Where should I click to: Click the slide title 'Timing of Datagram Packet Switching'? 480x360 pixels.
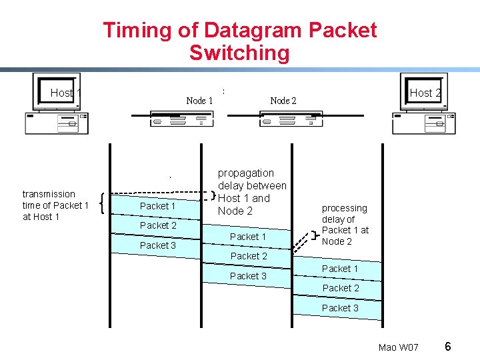point(239,41)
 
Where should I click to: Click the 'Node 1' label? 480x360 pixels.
point(199,101)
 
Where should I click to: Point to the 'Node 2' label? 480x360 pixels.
point(283,101)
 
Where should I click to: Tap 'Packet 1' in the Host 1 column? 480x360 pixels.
point(158,206)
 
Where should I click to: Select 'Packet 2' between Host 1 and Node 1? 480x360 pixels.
point(158,225)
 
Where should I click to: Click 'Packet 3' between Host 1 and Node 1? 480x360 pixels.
point(158,245)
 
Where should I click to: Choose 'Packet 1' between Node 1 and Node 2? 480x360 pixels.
point(247,237)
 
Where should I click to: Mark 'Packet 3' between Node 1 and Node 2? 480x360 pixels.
point(248,276)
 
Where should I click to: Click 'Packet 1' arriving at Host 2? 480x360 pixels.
point(340,269)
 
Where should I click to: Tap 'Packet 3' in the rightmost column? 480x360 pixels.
point(340,308)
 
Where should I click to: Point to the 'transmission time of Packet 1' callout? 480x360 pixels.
point(55,205)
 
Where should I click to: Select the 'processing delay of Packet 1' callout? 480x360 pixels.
point(345,225)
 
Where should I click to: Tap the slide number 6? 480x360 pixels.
point(448,347)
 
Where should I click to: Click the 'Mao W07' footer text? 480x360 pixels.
point(398,348)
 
